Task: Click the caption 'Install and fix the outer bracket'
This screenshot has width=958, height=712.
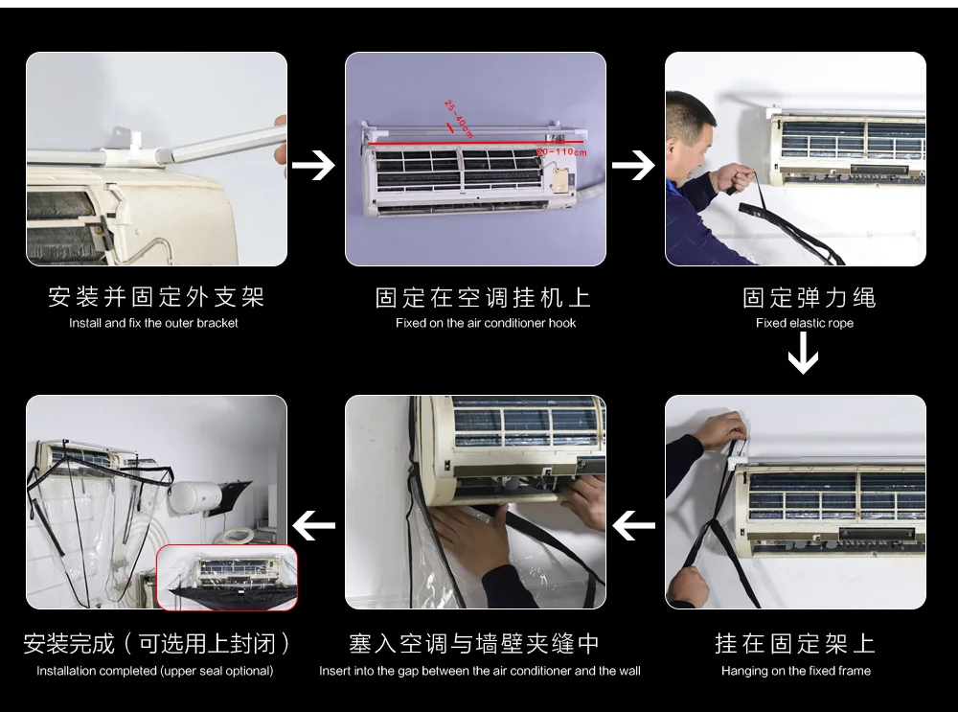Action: tap(153, 323)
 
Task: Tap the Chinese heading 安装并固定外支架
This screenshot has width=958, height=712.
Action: tap(156, 297)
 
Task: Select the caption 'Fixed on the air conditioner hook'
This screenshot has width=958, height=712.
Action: tap(486, 323)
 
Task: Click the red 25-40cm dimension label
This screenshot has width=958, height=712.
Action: tap(459, 119)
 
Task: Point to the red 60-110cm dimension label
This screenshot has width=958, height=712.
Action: tap(561, 151)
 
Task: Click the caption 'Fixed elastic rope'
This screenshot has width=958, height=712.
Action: tap(805, 323)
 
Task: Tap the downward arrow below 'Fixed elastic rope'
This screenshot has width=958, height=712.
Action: tap(804, 354)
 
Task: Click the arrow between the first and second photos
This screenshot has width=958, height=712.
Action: tap(313, 165)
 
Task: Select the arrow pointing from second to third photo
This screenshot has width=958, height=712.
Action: tap(633, 165)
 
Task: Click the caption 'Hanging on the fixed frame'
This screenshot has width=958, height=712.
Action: tap(796, 671)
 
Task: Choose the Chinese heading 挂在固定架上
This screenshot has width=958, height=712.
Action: tap(795, 644)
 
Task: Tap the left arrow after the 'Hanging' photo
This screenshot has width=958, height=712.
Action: tap(633, 525)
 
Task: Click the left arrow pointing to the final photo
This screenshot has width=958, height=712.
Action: tap(313, 525)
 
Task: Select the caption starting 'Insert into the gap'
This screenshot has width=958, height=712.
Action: tap(480, 671)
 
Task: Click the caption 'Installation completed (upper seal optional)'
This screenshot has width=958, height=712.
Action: tap(154, 671)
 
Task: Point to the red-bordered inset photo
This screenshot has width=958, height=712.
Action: tap(227, 578)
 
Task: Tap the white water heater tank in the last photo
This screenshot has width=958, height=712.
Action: tap(194, 496)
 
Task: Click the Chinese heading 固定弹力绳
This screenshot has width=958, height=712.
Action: tap(810, 298)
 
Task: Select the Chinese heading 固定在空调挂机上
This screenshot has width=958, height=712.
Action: tap(483, 298)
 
